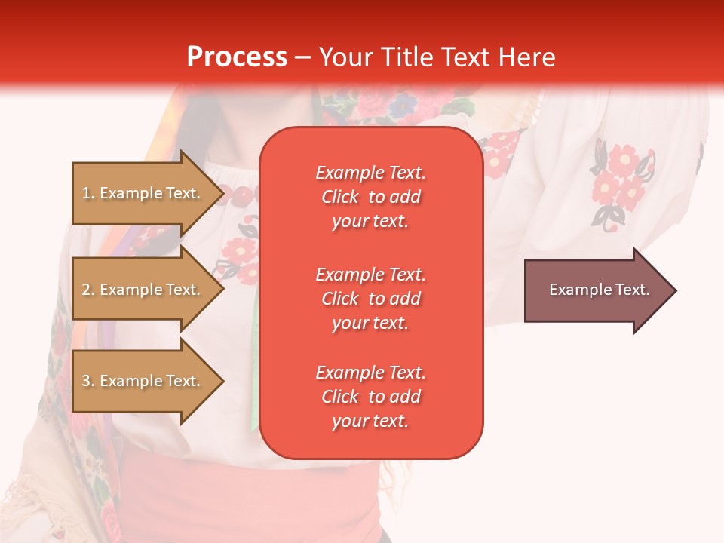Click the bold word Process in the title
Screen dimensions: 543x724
pos(237,57)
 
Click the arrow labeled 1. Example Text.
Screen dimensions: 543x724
pos(143,193)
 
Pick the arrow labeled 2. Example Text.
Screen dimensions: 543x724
pos(143,290)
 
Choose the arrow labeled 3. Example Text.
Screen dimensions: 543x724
pos(143,381)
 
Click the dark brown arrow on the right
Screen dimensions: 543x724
pos(596,290)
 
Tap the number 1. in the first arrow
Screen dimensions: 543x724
pos(88,193)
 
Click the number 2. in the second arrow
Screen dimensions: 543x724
pos(88,290)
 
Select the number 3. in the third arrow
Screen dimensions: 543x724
pos(88,381)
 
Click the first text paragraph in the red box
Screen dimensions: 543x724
pos(370,197)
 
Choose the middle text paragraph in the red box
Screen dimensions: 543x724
pos(370,299)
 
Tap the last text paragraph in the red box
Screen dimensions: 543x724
pos(370,397)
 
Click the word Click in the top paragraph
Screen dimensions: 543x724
pos(340,197)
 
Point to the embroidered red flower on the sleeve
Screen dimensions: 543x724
pos(622,163)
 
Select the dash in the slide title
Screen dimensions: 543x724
pos(303,58)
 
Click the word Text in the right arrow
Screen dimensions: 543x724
pos(633,290)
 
